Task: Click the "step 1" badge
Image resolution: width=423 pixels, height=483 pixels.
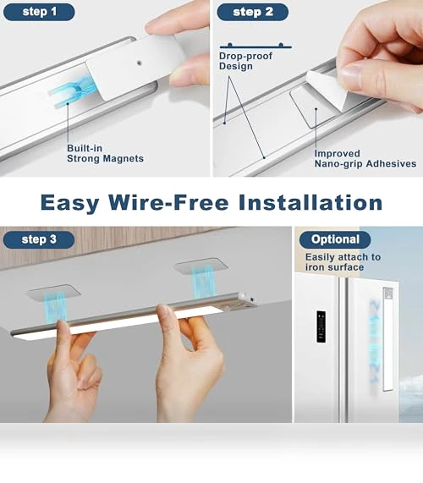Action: tap(39, 12)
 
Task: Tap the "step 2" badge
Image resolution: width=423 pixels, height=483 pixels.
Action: tap(253, 12)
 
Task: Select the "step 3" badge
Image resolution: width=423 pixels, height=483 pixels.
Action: tap(39, 239)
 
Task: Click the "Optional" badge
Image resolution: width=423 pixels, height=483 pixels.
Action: tap(335, 239)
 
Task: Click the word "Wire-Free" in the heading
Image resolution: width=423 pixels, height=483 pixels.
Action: tap(168, 203)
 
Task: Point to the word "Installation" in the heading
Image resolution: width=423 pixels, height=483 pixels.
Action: tap(310, 203)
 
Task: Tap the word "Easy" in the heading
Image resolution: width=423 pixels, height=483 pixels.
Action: tap(70, 203)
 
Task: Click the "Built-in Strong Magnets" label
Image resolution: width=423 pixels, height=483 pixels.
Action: tap(105, 153)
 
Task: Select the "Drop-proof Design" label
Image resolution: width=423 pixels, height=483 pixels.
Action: tap(245, 61)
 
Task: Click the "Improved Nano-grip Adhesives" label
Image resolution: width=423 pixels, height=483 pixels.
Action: tap(365, 158)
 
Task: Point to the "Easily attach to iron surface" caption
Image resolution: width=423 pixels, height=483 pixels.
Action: tap(343, 262)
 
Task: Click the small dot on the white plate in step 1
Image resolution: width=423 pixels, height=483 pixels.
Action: tap(140, 63)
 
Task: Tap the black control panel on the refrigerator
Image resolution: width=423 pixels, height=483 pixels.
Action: tap(321, 327)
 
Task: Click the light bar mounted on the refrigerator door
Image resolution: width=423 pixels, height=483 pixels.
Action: tap(387, 339)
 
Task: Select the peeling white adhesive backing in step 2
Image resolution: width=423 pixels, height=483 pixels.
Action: tap(327, 89)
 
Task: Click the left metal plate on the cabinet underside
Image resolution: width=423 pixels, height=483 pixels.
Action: tap(53, 293)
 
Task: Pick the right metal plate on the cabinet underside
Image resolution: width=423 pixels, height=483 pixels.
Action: tap(201, 266)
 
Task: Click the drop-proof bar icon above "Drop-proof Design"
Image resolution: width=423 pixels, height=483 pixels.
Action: tap(255, 47)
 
